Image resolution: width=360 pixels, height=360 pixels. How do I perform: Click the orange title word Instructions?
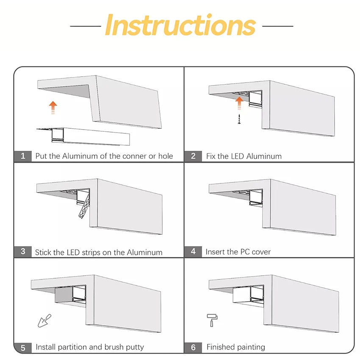[180, 25]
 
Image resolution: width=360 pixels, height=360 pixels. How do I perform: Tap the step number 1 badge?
[23, 156]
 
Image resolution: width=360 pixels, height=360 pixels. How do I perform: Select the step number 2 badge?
[193, 156]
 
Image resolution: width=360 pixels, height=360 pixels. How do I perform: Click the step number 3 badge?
[23, 252]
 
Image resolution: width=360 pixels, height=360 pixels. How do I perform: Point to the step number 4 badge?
[193, 252]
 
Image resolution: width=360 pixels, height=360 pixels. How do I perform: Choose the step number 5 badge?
[23, 348]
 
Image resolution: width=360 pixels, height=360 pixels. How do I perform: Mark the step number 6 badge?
[193, 347]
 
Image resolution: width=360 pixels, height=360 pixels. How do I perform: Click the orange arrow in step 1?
[53, 108]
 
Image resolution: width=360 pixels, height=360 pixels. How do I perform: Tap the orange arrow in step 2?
[239, 103]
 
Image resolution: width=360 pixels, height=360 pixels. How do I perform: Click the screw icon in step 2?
[239, 119]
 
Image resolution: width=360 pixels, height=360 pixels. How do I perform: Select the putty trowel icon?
[44, 321]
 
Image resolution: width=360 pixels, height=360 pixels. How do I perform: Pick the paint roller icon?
[212, 320]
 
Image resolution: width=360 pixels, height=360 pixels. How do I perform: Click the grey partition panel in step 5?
[64, 295]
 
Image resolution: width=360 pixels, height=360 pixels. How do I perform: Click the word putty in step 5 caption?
[134, 347]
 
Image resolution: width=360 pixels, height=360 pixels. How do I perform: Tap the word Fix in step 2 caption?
[211, 156]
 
